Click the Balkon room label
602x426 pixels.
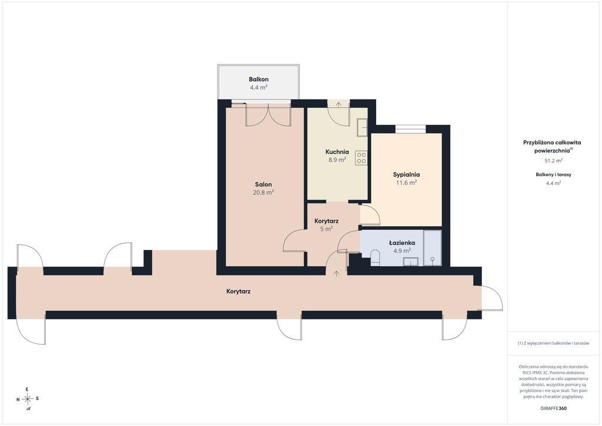259,79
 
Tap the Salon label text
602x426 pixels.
263,185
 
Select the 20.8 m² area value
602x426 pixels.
263,192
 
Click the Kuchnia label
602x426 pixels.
337,152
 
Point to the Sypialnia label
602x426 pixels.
406,175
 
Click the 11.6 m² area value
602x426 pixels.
406,182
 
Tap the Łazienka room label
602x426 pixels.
402,243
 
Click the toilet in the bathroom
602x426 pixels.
375,257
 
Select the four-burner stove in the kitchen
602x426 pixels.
362,158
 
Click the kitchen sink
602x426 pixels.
362,128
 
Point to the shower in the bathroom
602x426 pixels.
432,248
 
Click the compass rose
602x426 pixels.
28,399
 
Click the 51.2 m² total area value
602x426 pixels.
554,161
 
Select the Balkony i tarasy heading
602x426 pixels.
554,174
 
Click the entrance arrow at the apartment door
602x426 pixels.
337,273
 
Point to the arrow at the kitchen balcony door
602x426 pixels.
339,105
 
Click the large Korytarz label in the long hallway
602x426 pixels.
239,292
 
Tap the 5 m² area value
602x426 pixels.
326,229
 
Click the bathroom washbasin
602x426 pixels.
411,262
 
